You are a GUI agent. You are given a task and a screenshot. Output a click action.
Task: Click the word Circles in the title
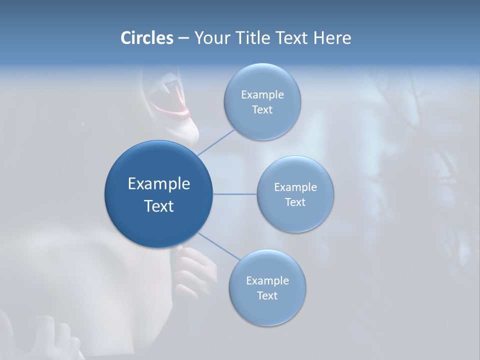click(x=146, y=38)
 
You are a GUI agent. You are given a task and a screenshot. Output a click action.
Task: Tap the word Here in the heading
click(x=332, y=38)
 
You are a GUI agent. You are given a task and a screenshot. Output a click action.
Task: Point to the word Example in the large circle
click(x=158, y=184)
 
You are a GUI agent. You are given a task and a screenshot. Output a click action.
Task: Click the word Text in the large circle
click(x=158, y=206)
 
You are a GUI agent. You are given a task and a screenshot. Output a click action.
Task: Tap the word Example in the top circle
click(x=262, y=95)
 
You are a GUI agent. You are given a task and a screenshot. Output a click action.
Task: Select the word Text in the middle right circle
click(x=295, y=202)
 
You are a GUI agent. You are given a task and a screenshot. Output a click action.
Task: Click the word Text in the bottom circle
click(x=267, y=296)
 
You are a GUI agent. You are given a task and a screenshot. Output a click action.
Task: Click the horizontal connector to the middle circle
click(x=235, y=194)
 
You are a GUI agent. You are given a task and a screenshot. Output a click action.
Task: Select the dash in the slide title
click(x=183, y=38)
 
